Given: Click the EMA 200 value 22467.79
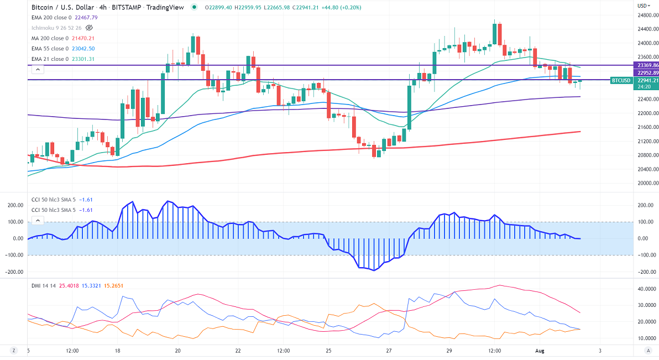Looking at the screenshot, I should click(87, 17).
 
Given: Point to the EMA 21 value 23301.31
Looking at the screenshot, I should click(83, 59).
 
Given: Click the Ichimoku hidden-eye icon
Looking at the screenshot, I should click(90, 28).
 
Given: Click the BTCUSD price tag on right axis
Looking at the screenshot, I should click(620, 80).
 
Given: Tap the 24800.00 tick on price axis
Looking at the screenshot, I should click(647, 15).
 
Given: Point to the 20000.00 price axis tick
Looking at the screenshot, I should click(647, 184).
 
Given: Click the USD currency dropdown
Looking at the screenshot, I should click(643, 6).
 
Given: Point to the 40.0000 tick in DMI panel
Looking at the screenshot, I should click(646, 289).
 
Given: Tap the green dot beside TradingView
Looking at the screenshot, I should click(193, 7).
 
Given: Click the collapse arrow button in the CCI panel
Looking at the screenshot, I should click(37, 221).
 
